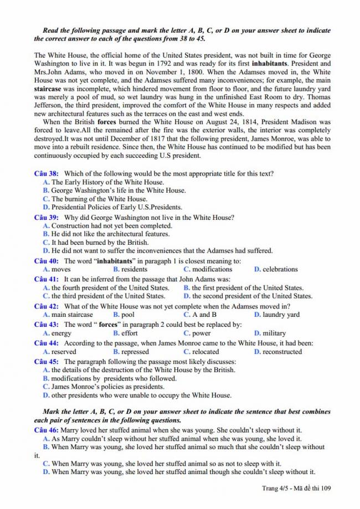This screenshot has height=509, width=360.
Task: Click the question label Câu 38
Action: [47, 173]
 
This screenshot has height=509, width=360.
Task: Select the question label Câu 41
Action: [47, 279]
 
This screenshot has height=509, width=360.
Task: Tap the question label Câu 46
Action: [47, 430]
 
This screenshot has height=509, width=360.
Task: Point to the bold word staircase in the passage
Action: [49, 88]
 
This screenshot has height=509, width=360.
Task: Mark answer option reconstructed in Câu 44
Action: [282, 352]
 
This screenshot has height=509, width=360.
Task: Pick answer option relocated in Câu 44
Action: [205, 352]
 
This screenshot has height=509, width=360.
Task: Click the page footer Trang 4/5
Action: [276, 488]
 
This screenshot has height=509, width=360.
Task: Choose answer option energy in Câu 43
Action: [61, 333]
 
